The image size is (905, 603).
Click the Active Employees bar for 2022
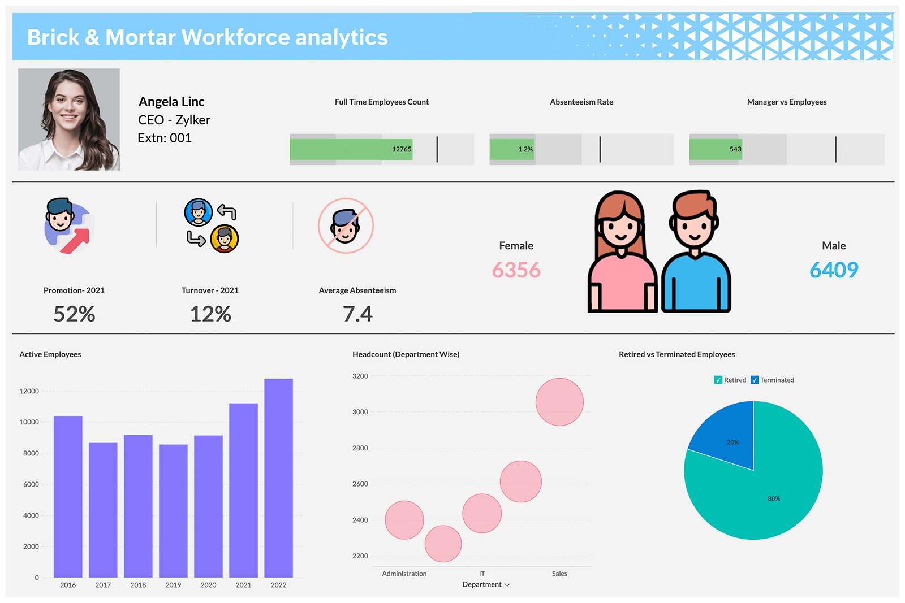point(278,478)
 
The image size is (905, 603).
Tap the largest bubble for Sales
point(559,402)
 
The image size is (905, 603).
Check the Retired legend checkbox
point(718,380)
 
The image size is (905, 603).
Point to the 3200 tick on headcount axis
point(360,376)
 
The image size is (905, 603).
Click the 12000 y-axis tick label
point(29,391)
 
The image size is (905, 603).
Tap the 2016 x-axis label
point(68,585)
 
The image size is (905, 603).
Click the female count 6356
point(516,270)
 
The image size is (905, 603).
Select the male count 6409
point(834,270)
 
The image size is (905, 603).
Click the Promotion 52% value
point(74,314)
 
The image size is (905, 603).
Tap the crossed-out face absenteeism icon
point(346,225)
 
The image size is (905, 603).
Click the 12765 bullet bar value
point(402,149)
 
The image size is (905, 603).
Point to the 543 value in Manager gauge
point(735,149)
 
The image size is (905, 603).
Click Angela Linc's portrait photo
point(69,120)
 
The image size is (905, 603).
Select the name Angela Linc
point(171,102)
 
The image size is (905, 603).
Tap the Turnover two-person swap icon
point(212,225)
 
